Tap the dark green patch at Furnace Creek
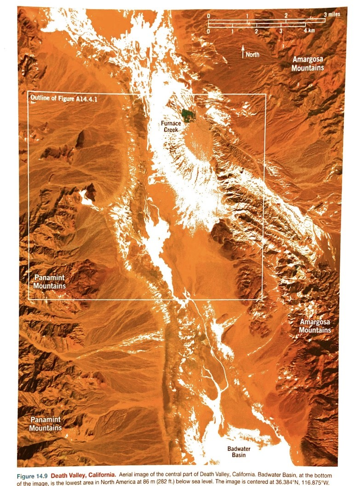[187, 113]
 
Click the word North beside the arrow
[252, 55]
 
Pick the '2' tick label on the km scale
[256, 31]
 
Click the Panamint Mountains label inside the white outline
[50, 282]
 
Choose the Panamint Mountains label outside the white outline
[46, 424]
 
